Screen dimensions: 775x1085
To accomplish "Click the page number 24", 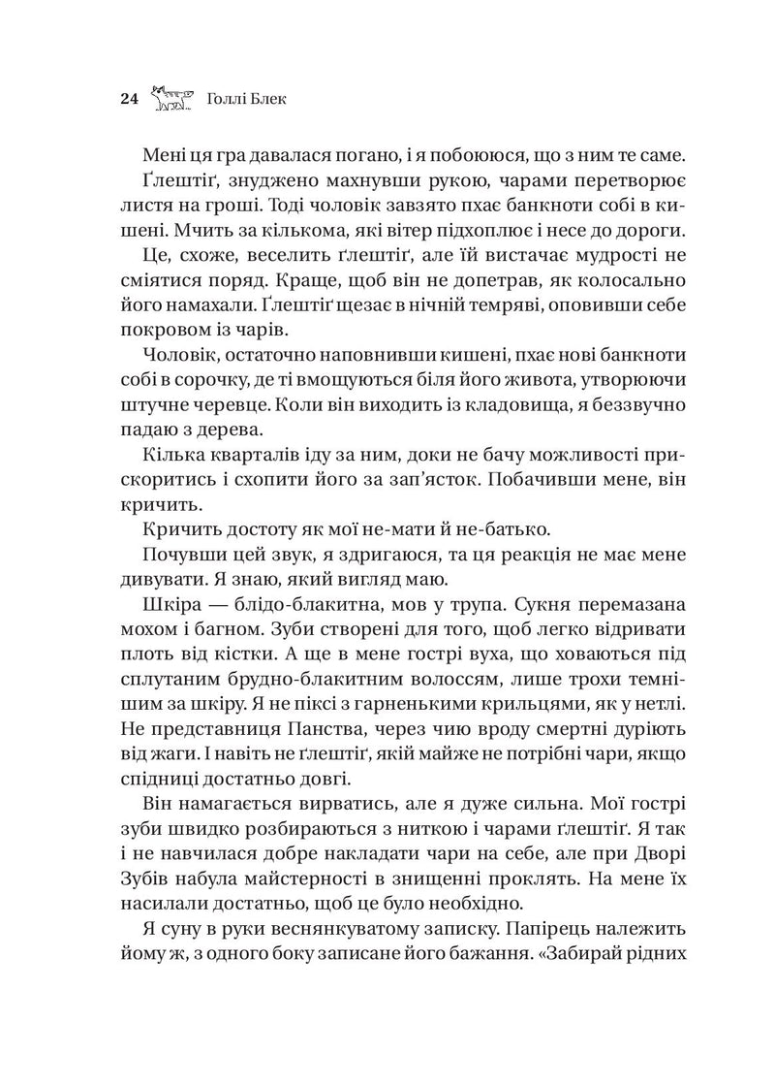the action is [x=129, y=99].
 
